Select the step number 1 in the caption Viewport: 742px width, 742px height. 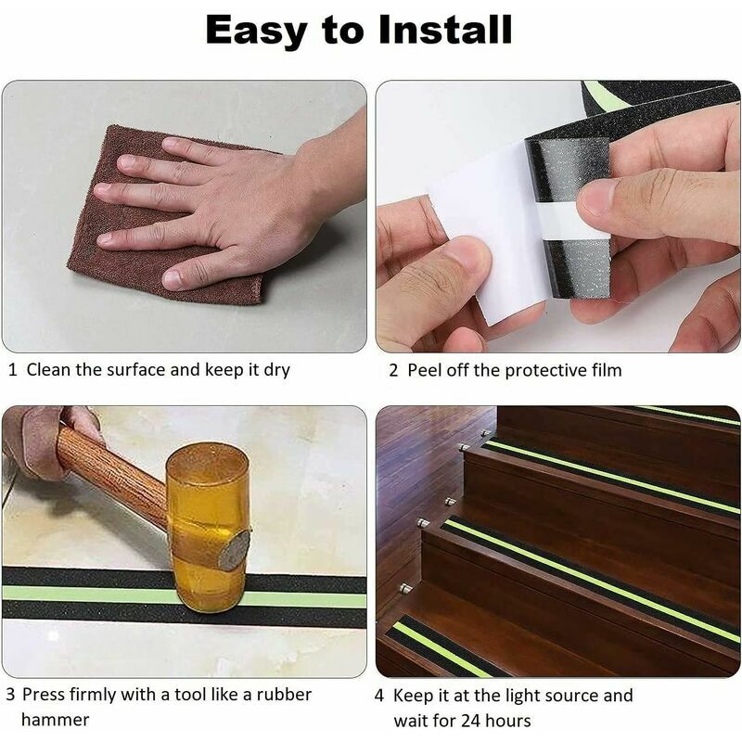[x=12, y=369]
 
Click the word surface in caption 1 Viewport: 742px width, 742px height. [x=135, y=369]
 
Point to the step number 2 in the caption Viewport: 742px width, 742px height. [x=393, y=370]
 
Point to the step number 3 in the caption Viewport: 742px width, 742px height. [x=11, y=694]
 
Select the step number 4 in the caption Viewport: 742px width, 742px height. [x=379, y=695]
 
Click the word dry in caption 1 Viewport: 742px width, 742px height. [x=275, y=370]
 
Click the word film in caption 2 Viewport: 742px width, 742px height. [x=605, y=370]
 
